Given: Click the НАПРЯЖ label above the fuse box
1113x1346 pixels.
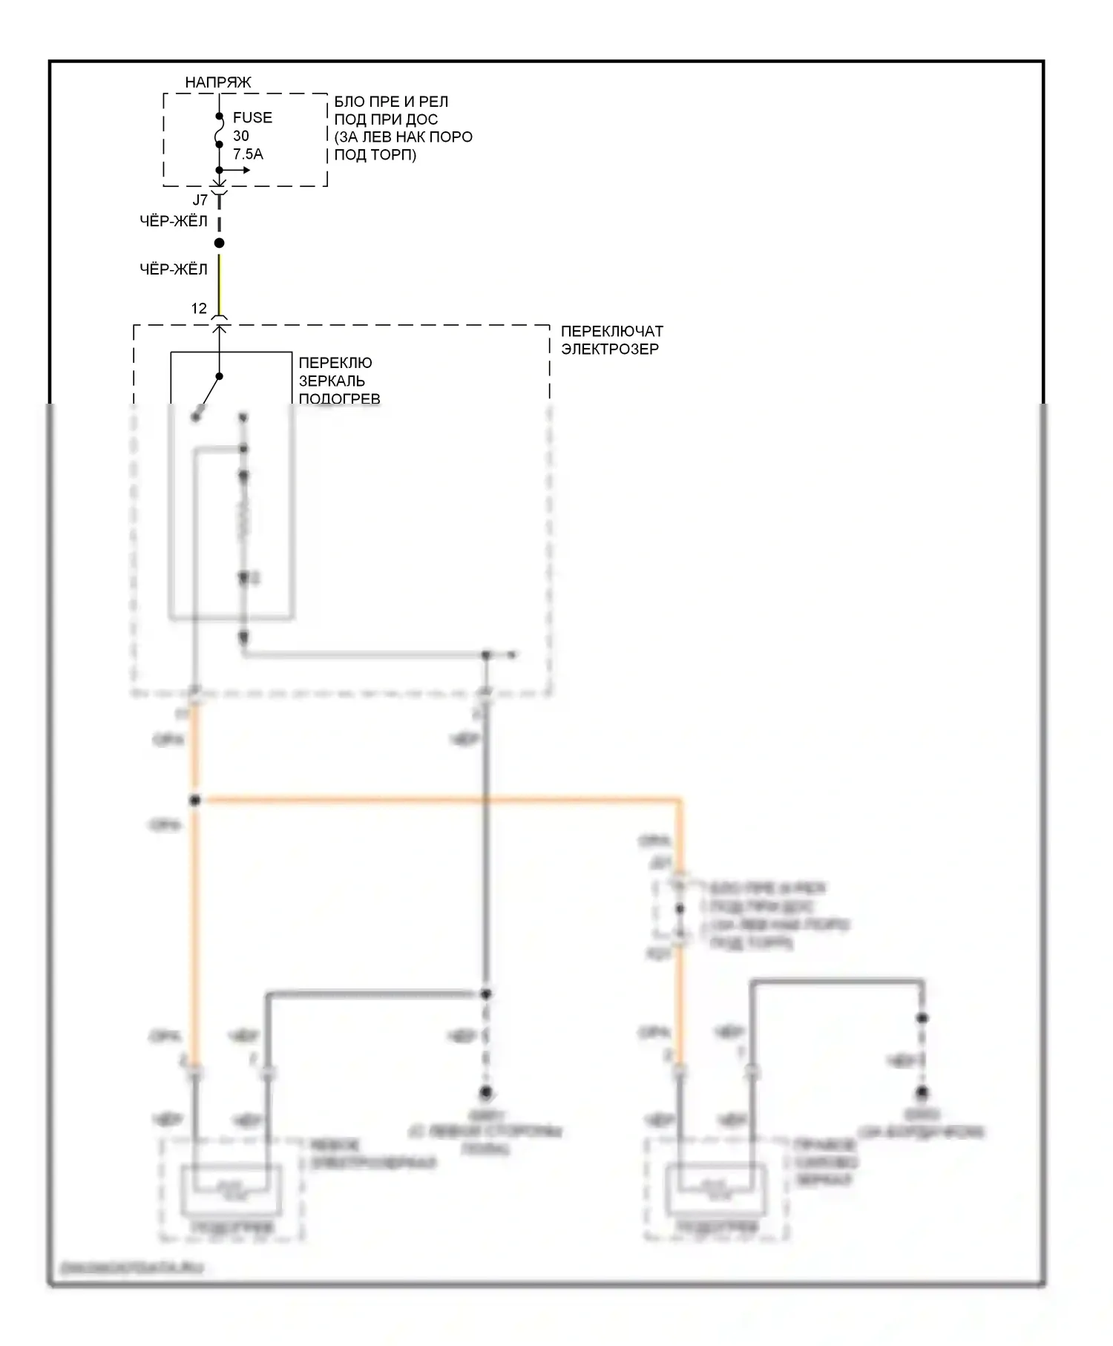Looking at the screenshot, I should pos(217,82).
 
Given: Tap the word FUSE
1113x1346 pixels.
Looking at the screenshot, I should pos(252,117).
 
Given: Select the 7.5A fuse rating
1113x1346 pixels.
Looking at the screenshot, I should pos(248,154).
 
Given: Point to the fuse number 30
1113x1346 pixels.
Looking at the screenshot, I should pos(241,136).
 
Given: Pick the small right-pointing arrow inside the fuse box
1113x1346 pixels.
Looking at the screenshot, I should pos(240,170).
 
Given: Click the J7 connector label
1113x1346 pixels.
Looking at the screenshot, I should pos(200,200).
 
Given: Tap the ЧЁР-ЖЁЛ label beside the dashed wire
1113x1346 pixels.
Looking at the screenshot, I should pos(174,221).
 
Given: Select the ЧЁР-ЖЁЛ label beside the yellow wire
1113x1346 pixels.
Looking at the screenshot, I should pos(174,269).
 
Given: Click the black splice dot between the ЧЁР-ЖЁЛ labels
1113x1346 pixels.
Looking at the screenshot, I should pos(219,243).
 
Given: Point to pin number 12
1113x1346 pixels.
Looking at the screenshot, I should pos(199,309).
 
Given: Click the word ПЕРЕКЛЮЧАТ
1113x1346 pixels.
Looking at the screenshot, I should pos(611,331).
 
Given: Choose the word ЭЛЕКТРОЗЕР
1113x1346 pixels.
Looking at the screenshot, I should pos(609,349).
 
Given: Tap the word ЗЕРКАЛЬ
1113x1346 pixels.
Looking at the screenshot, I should pos(332,381).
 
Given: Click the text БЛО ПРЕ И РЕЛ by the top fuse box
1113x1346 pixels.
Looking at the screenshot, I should pos(391,102).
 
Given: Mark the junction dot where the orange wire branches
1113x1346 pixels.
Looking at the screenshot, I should pos(194,801).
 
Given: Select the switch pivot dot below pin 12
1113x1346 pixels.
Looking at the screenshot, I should pos(220,376).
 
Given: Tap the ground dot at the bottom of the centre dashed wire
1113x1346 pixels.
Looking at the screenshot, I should pos(486,1092).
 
